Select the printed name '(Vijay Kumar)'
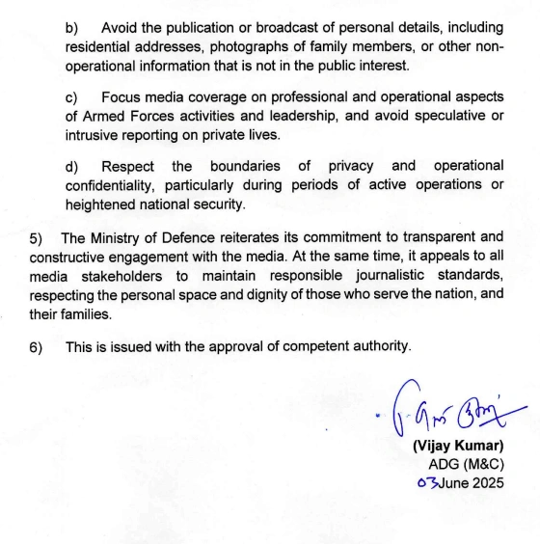pyautogui.click(x=457, y=447)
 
